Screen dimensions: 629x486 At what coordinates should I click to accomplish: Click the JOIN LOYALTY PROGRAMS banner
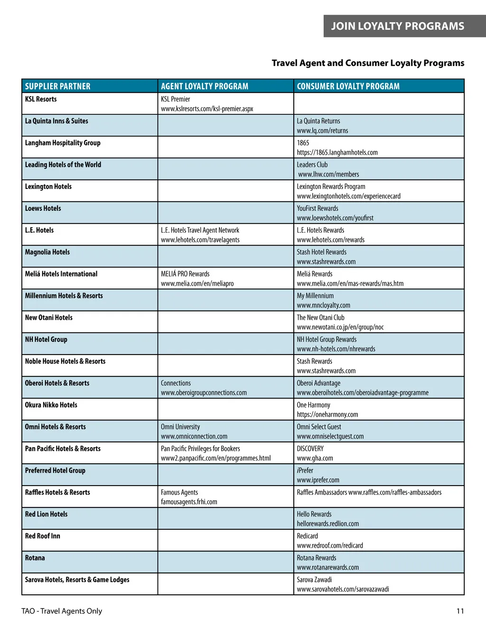click(397, 26)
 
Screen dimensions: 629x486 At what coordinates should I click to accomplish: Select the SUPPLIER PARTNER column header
click(57, 86)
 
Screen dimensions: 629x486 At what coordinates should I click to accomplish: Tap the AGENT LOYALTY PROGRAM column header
click(205, 86)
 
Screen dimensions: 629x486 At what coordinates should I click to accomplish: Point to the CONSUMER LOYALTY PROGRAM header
click(348, 86)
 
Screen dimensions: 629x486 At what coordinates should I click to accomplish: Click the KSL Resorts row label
click(41, 99)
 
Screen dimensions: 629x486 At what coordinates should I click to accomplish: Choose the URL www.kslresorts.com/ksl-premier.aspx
click(207, 109)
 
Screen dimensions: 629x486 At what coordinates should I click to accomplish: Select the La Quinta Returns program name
click(318, 121)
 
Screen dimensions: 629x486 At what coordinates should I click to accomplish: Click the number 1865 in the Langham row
click(303, 143)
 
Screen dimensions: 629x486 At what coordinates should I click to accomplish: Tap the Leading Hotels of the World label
click(63, 165)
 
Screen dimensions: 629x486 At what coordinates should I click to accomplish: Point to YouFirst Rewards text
click(318, 208)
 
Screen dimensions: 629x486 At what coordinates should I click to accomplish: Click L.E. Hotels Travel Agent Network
click(200, 230)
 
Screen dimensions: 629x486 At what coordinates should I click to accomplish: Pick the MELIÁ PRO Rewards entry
click(185, 274)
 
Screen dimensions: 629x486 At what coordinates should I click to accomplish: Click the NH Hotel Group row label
click(46, 339)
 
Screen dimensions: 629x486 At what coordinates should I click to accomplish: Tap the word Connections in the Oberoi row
click(176, 383)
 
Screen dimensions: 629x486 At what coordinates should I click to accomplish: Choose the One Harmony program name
click(313, 405)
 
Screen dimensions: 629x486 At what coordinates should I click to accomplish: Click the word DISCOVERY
click(310, 449)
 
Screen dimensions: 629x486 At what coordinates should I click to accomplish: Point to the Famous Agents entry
click(179, 492)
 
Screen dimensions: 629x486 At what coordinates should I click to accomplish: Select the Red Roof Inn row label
click(43, 536)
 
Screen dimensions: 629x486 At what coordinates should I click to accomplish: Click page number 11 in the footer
click(460, 611)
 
